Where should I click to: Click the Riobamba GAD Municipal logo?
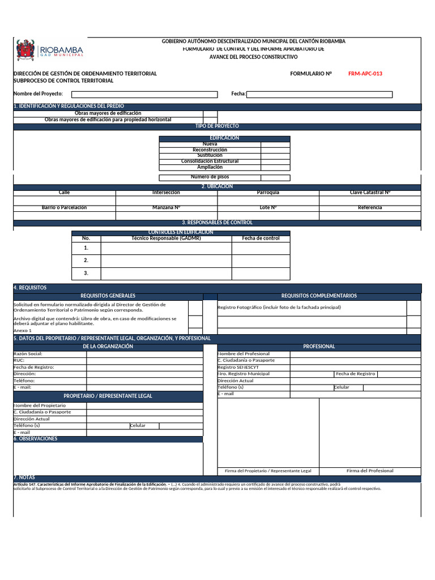[50, 50]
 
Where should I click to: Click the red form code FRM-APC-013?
[369, 74]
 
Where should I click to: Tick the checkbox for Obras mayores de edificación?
[210, 113]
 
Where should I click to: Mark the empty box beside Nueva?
[275, 144]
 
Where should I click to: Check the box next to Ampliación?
[275, 167]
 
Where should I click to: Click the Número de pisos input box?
[275, 177]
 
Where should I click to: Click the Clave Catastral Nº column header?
[370, 193]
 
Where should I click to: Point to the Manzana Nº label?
[167, 208]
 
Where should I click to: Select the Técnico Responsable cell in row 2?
[166, 261]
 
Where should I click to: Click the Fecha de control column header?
[261, 238]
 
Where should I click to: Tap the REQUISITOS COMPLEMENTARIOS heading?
[319, 296]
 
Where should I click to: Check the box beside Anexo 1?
[195, 331]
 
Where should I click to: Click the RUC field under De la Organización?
[144, 360]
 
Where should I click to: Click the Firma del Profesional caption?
[370, 471]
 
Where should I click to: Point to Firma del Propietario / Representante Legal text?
[268, 471]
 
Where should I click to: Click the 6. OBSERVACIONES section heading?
[35, 439]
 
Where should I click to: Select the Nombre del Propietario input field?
[144, 406]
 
